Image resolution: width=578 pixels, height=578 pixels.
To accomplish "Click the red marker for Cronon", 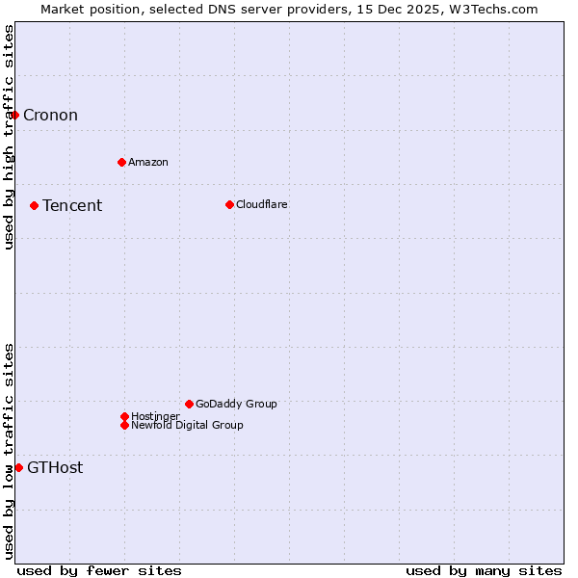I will point(14,115).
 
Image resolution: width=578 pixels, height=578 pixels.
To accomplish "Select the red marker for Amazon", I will point(121,162).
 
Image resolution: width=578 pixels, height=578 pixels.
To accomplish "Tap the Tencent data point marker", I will point(34,205).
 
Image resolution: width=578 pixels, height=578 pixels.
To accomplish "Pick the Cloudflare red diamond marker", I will point(229,204).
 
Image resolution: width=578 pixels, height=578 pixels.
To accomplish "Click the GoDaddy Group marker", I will point(189,404).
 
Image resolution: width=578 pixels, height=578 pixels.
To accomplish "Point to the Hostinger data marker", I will point(124,416).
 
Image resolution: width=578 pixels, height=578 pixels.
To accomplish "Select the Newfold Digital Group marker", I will point(124,425).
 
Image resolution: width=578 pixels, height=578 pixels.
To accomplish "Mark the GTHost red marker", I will point(18,467).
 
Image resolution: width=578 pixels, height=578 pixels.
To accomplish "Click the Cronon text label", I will point(50,116).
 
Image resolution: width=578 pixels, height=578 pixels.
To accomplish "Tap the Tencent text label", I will point(72,205).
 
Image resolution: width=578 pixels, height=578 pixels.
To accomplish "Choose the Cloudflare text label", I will point(261,204).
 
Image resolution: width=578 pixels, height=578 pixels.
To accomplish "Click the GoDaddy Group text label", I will point(236,404).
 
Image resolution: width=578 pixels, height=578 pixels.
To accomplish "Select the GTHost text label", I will point(55,468).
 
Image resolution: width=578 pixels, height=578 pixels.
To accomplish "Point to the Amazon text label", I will point(147,162).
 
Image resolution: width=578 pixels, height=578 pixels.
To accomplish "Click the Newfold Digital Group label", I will point(187,425).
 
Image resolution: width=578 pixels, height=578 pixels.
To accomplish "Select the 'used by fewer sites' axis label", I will point(99,570).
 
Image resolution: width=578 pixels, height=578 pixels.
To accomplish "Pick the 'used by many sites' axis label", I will point(484,570).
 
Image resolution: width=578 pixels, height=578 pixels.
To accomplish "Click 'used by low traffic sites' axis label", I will point(9,451).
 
